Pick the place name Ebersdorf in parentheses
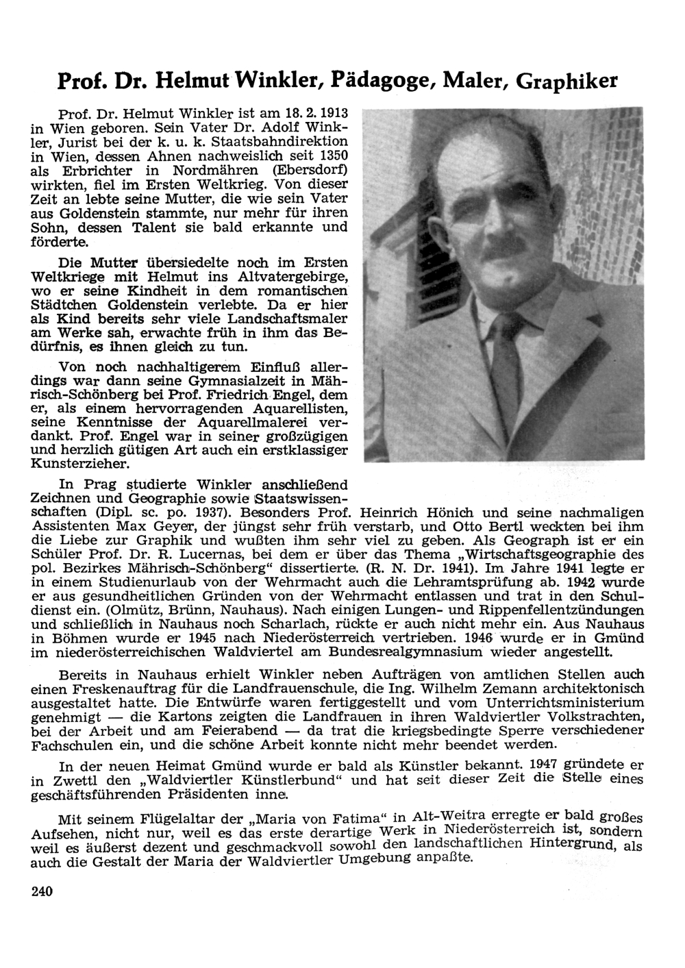[312, 170]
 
